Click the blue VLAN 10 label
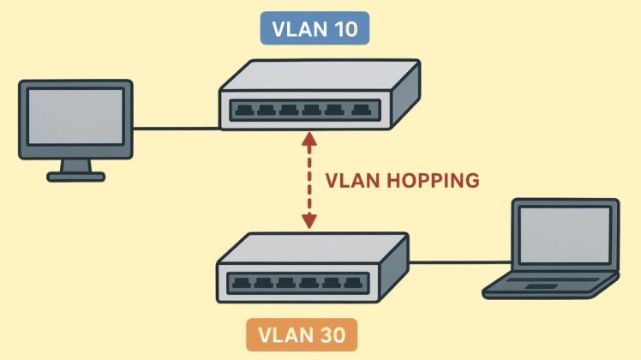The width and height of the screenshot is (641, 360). coord(315,29)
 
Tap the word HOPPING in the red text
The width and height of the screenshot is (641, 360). coord(428,181)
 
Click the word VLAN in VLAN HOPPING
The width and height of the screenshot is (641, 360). coord(350,181)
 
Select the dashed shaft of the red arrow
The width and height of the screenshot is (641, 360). coord(309,180)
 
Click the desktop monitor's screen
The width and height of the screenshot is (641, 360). coord(75,117)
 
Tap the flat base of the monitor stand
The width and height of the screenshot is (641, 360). coord(75,177)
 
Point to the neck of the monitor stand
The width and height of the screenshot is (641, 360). coord(75,165)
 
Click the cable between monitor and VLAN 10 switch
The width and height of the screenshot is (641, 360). coord(176,129)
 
